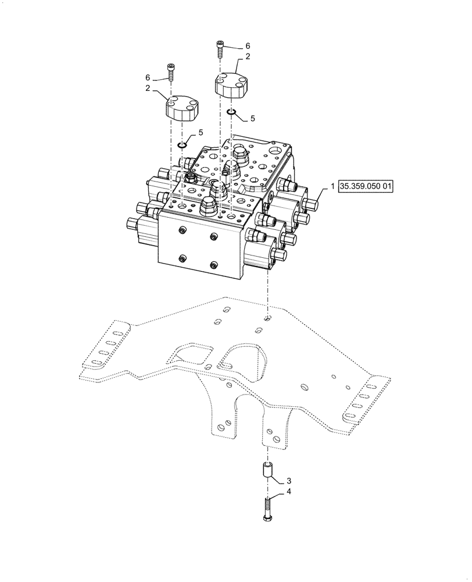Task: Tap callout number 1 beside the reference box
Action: coord(332,187)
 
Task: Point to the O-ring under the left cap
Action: coord(182,144)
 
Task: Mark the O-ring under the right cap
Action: coord(231,112)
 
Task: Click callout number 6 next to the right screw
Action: coord(248,45)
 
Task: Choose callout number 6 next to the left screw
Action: coord(147,78)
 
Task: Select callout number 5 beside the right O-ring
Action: coord(252,119)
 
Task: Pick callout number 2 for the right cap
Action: coord(248,57)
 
